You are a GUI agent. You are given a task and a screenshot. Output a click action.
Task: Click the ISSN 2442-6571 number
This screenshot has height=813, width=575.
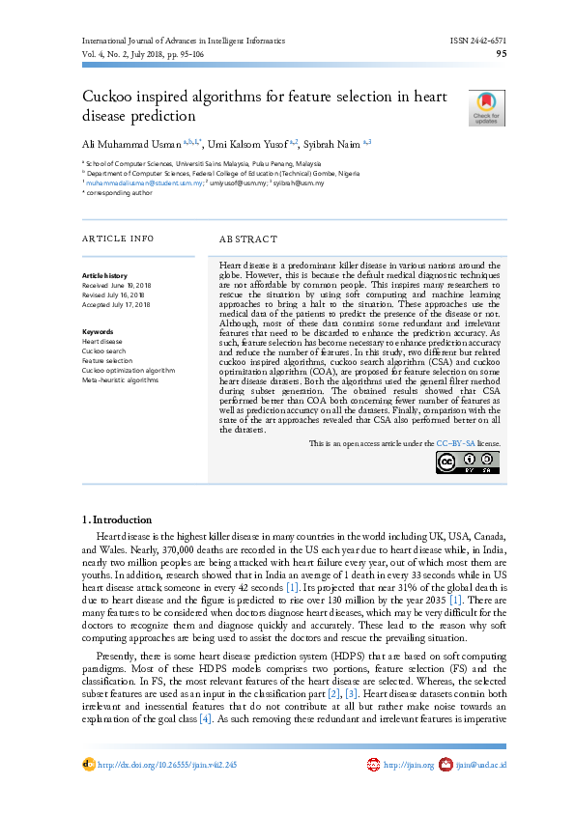point(477,41)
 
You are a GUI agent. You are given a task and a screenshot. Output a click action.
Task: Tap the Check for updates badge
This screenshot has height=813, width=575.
point(485,108)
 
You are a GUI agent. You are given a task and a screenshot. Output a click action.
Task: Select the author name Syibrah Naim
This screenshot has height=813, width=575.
point(331,144)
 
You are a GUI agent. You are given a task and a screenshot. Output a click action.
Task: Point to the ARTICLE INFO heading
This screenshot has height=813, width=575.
point(118,238)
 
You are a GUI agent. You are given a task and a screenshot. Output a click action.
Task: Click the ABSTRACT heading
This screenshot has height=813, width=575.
point(248,238)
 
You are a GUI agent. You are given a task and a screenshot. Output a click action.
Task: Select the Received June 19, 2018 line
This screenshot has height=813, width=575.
point(117,286)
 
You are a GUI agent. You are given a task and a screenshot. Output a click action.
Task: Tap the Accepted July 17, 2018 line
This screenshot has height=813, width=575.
point(117,304)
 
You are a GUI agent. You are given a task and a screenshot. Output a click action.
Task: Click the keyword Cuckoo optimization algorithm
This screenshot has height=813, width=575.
point(129,370)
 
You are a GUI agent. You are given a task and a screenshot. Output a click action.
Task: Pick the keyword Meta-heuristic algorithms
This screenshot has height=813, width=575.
point(120,379)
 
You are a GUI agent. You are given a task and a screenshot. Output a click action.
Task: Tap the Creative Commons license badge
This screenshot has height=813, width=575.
point(468,463)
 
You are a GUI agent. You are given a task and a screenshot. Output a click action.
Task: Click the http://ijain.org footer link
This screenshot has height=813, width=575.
point(407,765)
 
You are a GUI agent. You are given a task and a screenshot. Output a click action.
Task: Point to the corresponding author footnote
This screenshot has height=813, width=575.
point(117,192)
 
